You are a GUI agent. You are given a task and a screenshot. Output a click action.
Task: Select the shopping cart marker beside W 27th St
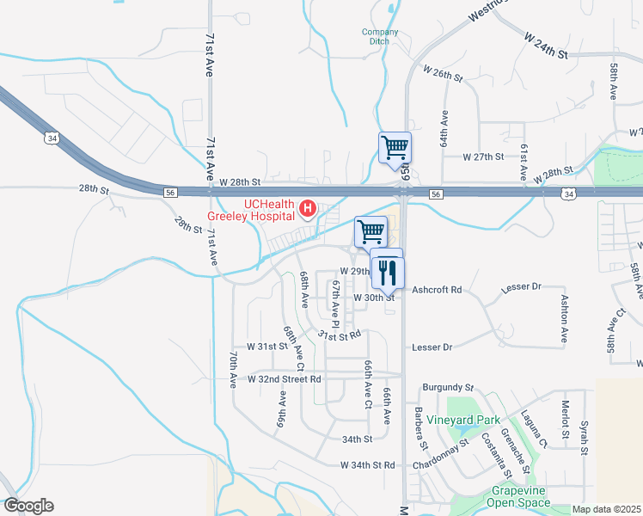pyautogui.click(x=395, y=147)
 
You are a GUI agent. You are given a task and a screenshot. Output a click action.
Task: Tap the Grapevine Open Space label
pyautogui.click(x=520, y=496)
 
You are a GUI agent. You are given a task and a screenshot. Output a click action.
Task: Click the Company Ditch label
pyautogui.click(x=380, y=37)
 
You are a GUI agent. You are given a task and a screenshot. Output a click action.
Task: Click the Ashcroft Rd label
pyautogui.click(x=438, y=290)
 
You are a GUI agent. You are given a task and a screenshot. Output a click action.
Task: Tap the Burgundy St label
pyautogui.click(x=448, y=388)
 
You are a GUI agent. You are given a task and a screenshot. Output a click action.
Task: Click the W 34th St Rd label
pyautogui.click(x=368, y=465)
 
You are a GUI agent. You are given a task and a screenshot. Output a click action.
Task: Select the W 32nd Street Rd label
pyautogui.click(x=285, y=378)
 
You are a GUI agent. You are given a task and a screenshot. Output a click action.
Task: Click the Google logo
pyautogui.click(x=28, y=506)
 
